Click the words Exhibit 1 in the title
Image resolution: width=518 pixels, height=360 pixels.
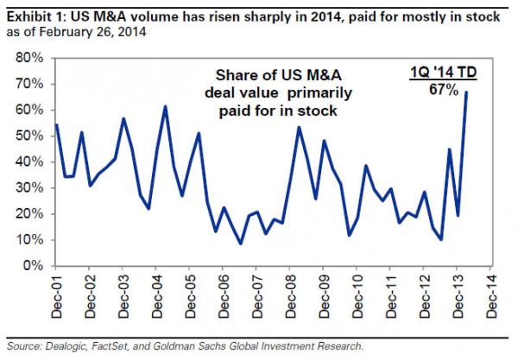(29, 10)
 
